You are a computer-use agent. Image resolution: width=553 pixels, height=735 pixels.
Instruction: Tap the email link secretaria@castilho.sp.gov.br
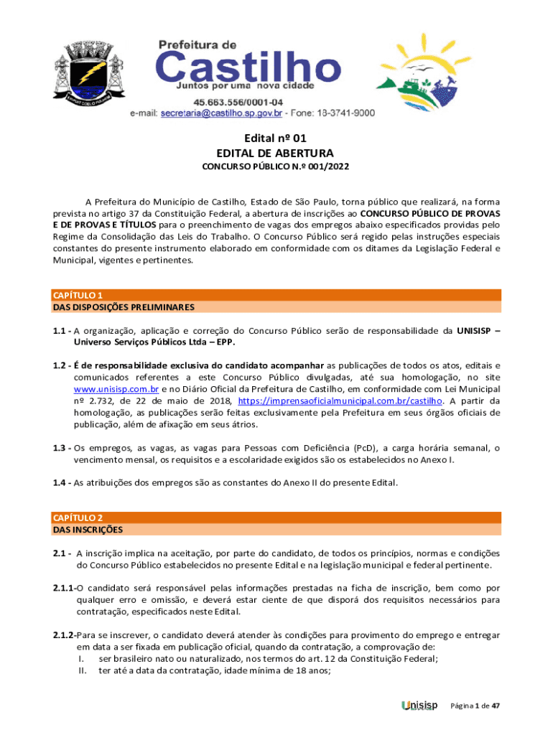point(222,113)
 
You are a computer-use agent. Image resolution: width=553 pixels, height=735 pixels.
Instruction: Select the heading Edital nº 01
point(275,138)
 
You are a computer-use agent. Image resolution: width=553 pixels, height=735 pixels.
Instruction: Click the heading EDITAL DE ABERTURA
point(275,153)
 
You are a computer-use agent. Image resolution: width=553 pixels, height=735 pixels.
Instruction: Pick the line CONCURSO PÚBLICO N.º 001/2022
point(275,168)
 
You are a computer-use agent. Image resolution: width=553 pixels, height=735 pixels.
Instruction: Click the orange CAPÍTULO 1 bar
point(276,295)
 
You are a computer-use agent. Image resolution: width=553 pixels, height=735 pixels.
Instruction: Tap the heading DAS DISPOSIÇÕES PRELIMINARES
point(124,307)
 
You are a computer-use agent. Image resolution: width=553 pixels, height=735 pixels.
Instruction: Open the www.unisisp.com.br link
point(111,389)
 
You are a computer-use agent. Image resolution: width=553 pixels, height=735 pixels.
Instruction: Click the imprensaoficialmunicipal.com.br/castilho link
point(340,401)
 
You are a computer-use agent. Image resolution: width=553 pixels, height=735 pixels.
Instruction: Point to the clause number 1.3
point(60,448)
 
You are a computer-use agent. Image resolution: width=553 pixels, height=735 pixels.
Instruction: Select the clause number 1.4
point(60,482)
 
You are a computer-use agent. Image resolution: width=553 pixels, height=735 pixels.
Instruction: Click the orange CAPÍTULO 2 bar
point(276,518)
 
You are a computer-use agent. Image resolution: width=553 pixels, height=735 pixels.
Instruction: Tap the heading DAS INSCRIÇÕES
point(88,530)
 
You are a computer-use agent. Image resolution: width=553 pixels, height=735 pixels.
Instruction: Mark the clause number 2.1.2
point(64,635)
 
